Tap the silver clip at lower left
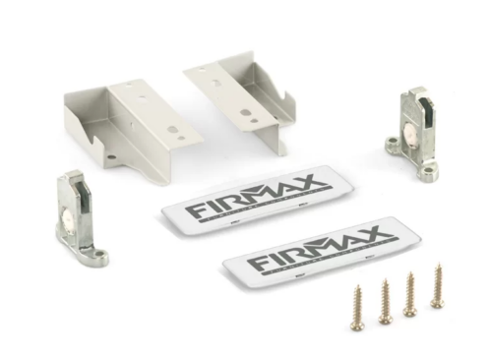78,220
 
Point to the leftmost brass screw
357,308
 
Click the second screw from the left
385,301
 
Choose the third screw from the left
409,294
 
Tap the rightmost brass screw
437,286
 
